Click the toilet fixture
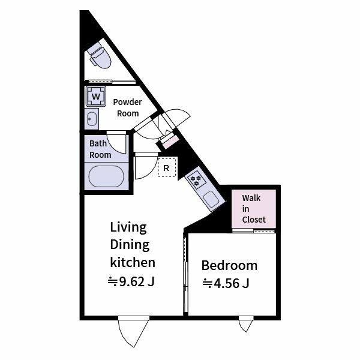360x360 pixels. [x=100, y=56]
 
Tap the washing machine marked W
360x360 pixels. [x=96, y=96]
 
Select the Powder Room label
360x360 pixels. [x=127, y=107]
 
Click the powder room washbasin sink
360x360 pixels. [x=92, y=119]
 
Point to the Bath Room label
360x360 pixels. [x=100, y=149]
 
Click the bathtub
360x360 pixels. [x=106, y=176]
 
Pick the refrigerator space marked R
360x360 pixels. [x=167, y=167]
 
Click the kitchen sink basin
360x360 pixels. [x=211, y=199]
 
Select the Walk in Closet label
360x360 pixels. [x=254, y=209]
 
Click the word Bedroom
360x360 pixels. [x=229, y=265]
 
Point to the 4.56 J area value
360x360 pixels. [x=226, y=283]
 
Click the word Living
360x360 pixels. [x=128, y=227]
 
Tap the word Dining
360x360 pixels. [x=130, y=245]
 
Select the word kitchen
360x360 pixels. [x=133, y=262]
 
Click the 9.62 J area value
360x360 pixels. [x=131, y=281]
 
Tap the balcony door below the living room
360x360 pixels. [x=134, y=331]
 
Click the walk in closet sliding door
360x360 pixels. [x=253, y=231]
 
